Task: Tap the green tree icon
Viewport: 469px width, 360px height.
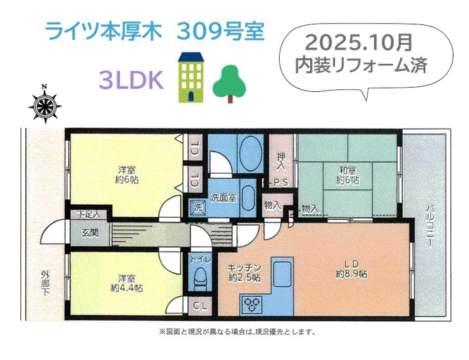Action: point(229,84)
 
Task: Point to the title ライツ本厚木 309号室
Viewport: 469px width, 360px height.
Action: point(155,31)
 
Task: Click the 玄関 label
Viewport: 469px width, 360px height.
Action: point(90,233)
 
